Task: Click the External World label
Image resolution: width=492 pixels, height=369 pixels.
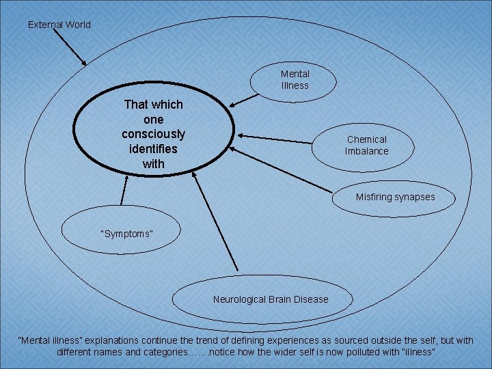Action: coord(59,25)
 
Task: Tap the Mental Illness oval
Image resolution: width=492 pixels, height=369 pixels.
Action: coord(295,80)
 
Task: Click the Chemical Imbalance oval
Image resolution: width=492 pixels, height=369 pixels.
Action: coord(366,145)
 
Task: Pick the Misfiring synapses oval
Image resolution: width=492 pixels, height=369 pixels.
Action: coord(394,197)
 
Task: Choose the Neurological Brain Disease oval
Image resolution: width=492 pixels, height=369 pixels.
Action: coord(270,299)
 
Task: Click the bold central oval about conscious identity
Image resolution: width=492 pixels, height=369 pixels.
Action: coord(153,134)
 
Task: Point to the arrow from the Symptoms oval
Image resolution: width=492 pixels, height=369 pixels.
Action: coord(124,189)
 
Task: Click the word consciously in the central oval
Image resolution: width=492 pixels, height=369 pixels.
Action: coord(153,133)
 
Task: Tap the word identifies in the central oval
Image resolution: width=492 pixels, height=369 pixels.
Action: coord(153,148)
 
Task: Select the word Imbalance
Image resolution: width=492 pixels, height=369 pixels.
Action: coord(366,151)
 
